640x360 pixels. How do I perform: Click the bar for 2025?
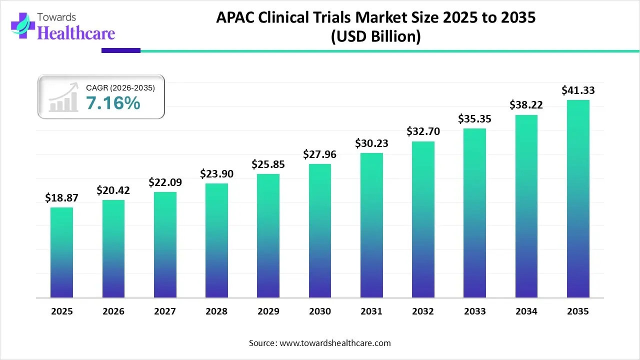[x=61, y=252]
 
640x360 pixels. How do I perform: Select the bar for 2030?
[x=319, y=230]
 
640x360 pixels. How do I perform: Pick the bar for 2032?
[x=423, y=219]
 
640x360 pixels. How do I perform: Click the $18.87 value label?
[x=61, y=198]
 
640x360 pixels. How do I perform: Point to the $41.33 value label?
[x=578, y=90]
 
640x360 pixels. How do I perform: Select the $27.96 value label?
[x=319, y=154]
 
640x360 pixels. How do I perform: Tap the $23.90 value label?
[x=216, y=174]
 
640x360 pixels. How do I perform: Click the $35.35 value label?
[x=474, y=119]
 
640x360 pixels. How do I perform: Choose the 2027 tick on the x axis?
[x=165, y=311]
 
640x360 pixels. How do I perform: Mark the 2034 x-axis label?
[x=526, y=311]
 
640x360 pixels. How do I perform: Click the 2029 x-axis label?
[x=268, y=311]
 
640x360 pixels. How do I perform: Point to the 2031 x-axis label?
[x=371, y=311]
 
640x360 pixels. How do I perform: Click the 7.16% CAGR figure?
[x=113, y=103]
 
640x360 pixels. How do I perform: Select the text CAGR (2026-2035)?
[x=120, y=87]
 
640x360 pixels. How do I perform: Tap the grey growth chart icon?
[x=63, y=97]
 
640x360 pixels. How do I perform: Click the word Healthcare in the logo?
[x=76, y=33]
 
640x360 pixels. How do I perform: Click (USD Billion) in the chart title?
[x=375, y=36]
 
